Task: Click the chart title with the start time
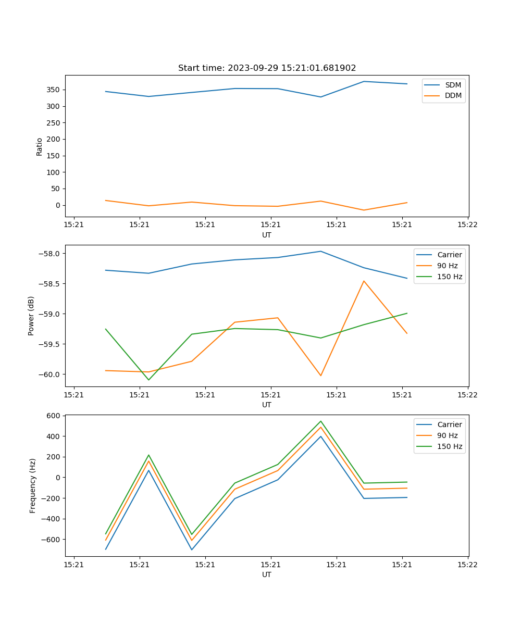[x=267, y=68]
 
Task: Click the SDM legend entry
[x=453, y=84]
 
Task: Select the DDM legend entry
[x=453, y=95]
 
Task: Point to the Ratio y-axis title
[x=39, y=146]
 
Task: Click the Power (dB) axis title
[x=31, y=316]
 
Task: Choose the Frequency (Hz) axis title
[x=32, y=485]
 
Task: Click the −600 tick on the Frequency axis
[x=52, y=540]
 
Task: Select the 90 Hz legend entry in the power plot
[x=447, y=266]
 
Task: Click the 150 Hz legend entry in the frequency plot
[x=450, y=446]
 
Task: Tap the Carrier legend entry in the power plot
[x=449, y=255]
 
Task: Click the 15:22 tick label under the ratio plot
[x=467, y=225]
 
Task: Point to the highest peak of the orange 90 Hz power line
[x=364, y=281]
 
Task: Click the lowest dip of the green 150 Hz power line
[x=148, y=380]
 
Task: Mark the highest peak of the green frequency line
[x=321, y=421]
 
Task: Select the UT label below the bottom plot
[x=267, y=574]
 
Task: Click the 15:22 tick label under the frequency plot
[x=467, y=565]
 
